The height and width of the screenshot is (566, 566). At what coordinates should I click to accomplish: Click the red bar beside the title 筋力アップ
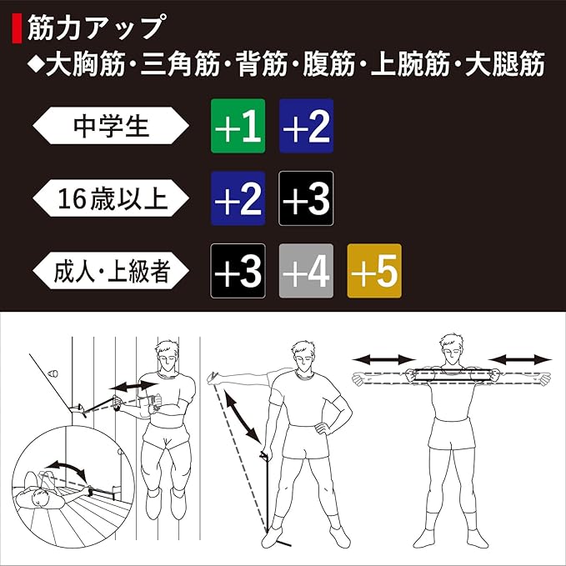tap(17, 28)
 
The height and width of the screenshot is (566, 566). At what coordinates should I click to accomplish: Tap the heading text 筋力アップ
tap(97, 28)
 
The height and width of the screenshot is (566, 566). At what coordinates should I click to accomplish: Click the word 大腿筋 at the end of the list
tap(504, 64)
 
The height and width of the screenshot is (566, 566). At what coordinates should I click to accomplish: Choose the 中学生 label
tap(111, 126)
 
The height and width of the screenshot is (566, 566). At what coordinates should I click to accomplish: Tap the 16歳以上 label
tap(111, 198)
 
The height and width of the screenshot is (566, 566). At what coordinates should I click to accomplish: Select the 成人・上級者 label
tap(111, 271)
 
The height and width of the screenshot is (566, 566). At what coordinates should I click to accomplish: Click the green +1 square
tap(238, 126)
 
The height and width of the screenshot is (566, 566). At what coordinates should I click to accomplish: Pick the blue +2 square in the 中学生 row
tap(306, 126)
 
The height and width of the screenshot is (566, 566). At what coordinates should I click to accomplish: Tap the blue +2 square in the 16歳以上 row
tap(238, 198)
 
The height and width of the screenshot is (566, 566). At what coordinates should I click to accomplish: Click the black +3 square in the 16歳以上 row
tap(306, 198)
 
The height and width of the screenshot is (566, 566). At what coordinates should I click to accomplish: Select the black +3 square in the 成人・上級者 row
tap(238, 271)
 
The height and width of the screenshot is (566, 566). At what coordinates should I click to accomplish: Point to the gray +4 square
tap(306, 271)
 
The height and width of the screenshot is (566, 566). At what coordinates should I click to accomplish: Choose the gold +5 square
tap(374, 271)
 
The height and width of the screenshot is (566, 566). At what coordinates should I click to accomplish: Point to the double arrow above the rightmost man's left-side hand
tap(383, 359)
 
